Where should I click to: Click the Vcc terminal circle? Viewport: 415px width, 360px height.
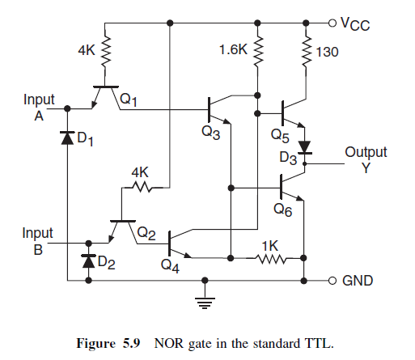coord(332,23)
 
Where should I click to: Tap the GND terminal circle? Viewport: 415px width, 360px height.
coord(332,281)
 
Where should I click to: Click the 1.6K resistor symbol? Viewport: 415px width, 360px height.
coord(257,51)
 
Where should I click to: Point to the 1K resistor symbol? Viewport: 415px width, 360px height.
coord(270,259)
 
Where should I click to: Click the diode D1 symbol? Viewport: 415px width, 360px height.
coord(67,138)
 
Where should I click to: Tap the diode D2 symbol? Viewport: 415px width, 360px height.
coord(88,260)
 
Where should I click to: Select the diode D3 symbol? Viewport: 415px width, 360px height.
coord(305,148)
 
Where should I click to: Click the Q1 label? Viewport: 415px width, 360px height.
coord(129,100)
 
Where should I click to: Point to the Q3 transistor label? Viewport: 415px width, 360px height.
coord(211,133)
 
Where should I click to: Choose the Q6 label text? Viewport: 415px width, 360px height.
coord(283,210)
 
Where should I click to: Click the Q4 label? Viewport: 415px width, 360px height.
coord(170,266)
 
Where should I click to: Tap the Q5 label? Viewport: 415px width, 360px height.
coord(280,135)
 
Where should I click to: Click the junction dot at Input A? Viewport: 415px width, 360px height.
coord(67,108)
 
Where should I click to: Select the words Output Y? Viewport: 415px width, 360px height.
coord(366,160)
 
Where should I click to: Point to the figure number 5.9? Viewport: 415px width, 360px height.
coord(132,344)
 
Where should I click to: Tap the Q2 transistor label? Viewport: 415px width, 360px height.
coord(146,233)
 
